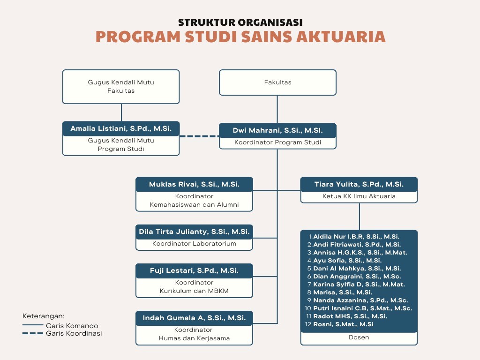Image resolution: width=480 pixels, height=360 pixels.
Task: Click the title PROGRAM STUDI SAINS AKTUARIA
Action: [240, 37]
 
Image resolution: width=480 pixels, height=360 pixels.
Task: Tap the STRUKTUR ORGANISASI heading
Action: [240, 22]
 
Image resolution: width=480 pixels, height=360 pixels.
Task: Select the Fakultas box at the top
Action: [277, 82]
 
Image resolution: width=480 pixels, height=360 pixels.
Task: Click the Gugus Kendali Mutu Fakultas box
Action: [121, 86]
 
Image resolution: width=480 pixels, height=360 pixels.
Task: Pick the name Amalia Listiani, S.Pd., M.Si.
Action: [121, 128]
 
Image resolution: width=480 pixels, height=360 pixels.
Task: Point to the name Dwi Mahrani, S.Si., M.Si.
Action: [277, 130]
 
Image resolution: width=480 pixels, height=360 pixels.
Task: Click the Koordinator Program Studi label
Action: [277, 142]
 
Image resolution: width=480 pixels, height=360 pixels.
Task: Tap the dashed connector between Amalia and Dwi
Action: [199, 136]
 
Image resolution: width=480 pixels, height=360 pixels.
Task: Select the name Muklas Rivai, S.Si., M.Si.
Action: [194, 185]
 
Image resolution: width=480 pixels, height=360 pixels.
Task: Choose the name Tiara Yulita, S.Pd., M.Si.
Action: [359, 185]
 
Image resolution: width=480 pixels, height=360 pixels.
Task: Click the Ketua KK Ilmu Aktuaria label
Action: [359, 196]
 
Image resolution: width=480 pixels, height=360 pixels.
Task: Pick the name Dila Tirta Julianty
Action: [194, 232]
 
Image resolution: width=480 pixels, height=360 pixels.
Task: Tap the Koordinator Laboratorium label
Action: [194, 244]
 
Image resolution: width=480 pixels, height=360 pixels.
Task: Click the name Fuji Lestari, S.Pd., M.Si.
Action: [194, 270]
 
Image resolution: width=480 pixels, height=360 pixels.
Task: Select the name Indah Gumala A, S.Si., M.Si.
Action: [194, 318]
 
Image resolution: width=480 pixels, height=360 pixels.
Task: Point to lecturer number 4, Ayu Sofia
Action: [347, 260]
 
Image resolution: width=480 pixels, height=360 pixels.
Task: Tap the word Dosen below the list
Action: [359, 337]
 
